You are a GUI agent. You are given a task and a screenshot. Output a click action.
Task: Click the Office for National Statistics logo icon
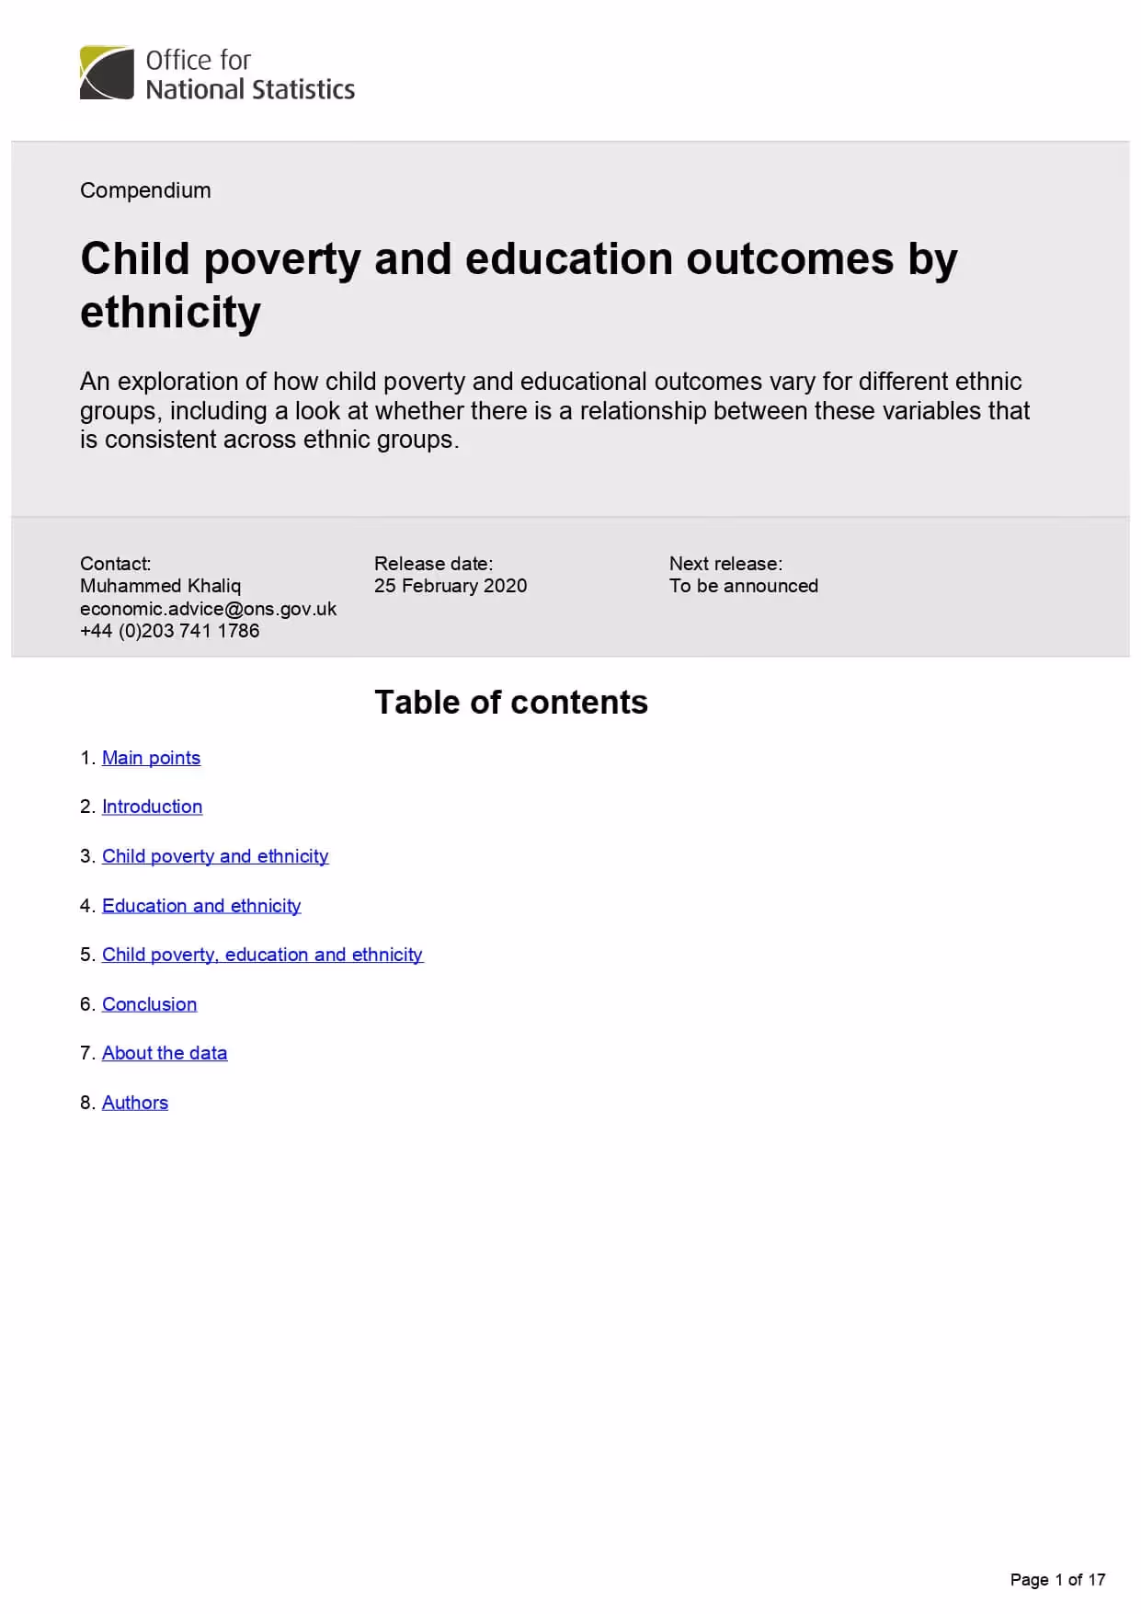pos(107,73)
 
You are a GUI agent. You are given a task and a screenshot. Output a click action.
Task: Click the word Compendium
pos(145,190)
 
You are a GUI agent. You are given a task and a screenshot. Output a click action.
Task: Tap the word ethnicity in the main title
pos(170,313)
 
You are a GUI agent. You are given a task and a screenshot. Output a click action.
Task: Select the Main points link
pos(151,758)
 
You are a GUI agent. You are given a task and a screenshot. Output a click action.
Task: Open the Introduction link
pos(152,807)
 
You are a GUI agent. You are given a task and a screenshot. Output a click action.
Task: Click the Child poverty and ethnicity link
pos(215,856)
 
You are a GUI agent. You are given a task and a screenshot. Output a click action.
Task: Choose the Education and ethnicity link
pos(201,906)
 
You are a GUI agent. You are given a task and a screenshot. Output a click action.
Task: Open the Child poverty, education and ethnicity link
pos(262,955)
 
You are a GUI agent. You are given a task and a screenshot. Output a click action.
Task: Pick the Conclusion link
pos(149,1004)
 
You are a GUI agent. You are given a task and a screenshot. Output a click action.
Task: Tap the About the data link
pos(165,1053)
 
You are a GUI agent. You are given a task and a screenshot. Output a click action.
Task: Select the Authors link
pos(135,1103)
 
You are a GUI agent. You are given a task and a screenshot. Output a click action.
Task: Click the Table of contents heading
pos(511,703)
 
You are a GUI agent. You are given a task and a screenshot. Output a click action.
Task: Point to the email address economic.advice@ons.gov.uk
pos(208,609)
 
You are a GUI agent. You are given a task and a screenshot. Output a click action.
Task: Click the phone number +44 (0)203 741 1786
pos(170,631)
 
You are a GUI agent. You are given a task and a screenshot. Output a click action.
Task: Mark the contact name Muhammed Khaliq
pos(160,586)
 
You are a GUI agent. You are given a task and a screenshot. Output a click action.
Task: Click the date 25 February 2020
pos(451,586)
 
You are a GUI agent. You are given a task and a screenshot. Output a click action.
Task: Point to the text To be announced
pos(743,586)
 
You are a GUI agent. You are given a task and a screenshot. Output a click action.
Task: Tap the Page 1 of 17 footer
pos(1057,1580)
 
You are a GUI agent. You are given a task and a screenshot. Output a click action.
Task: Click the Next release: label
pos(725,564)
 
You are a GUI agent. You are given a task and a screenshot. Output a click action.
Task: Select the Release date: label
pos(433,564)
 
